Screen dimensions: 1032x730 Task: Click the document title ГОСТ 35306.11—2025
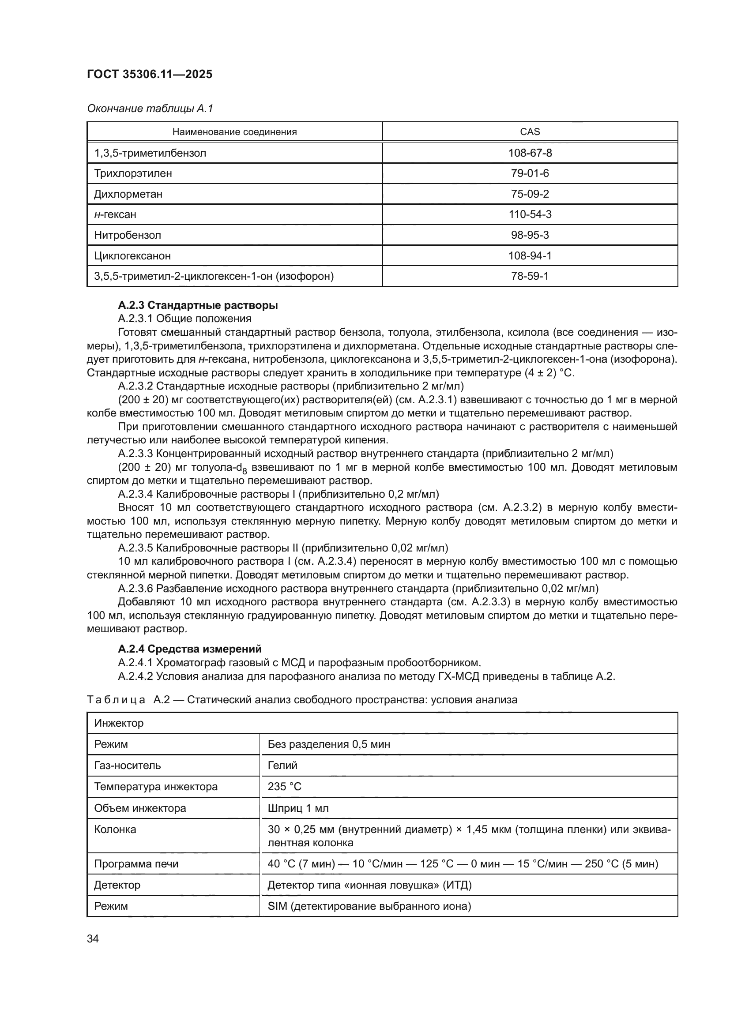[149, 74]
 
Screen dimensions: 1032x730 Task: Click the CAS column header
[530, 131]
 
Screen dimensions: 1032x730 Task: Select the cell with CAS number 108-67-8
[530, 153]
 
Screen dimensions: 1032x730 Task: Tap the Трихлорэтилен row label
[132, 173]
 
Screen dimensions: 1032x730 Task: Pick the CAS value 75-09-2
[530, 194]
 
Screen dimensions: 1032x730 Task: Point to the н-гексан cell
[115, 214]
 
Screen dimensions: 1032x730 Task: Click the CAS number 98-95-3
[530, 235]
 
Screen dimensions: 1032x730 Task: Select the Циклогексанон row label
[132, 256]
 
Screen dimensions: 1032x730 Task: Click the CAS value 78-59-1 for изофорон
[530, 276]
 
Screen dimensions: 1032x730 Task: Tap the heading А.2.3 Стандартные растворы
[198, 305]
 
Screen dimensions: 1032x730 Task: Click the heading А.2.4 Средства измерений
[190, 649]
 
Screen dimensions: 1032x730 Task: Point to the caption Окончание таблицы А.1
[150, 109]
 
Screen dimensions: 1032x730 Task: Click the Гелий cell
[282, 766]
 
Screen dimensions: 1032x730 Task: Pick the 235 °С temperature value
[284, 787]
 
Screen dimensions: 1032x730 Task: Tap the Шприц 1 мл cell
[297, 808]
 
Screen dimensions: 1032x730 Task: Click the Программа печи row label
[136, 864]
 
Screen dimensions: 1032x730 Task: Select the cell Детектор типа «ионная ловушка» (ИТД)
[369, 885]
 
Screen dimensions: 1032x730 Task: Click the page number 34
[93, 938]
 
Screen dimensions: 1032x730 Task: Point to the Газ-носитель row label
[127, 766]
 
